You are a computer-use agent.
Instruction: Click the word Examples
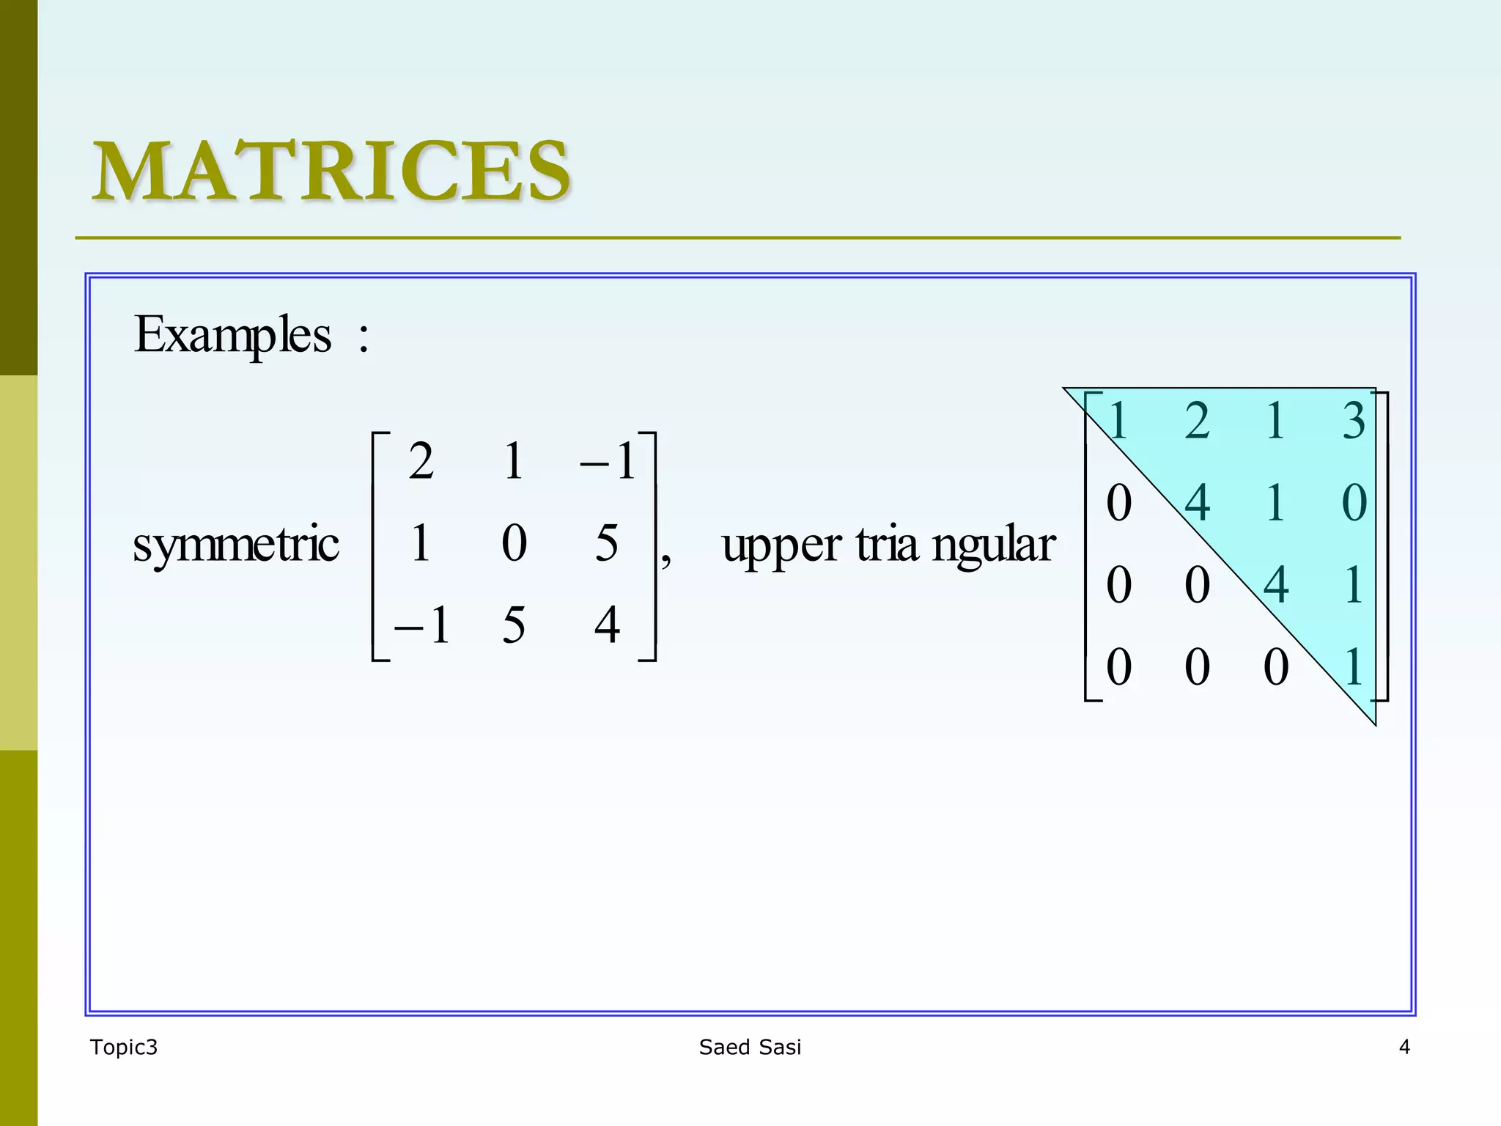pyautogui.click(x=232, y=335)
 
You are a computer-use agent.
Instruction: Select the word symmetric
pyautogui.click(x=235, y=545)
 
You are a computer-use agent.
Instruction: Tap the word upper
pyautogui.click(x=781, y=546)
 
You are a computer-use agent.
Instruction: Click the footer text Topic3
pyautogui.click(x=123, y=1047)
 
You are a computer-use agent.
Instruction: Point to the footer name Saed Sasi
pyautogui.click(x=750, y=1047)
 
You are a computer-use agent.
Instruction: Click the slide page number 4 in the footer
pyautogui.click(x=1404, y=1047)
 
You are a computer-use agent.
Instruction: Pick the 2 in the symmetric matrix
pyautogui.click(x=421, y=462)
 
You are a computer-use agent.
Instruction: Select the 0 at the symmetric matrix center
pyautogui.click(x=514, y=543)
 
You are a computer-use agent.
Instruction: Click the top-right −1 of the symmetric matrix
pyautogui.click(x=608, y=462)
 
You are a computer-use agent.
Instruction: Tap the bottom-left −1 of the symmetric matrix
pyautogui.click(x=421, y=625)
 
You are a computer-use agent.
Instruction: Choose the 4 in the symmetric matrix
pyautogui.click(x=607, y=625)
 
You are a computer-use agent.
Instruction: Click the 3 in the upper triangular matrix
pyautogui.click(x=1354, y=422)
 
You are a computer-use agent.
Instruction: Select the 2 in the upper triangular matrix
pyautogui.click(x=1197, y=422)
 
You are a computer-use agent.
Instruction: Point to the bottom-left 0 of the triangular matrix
pyautogui.click(x=1118, y=667)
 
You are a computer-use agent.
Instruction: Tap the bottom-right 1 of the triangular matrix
pyautogui.click(x=1354, y=667)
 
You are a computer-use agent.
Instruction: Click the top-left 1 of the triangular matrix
pyautogui.click(x=1118, y=422)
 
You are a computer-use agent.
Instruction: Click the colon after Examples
pyautogui.click(x=364, y=339)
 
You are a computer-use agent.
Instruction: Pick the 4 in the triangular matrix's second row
pyautogui.click(x=1197, y=504)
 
